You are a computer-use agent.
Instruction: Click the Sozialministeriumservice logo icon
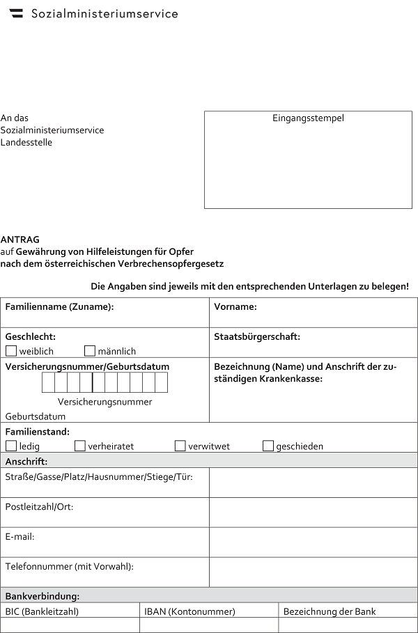point(16,13)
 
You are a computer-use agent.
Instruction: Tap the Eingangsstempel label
point(308,118)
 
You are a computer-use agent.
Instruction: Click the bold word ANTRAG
point(20,240)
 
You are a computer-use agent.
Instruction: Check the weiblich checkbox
point(11,351)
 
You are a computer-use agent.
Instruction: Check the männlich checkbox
point(90,351)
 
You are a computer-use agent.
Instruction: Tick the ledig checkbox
point(11,446)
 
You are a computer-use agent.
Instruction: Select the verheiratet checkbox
point(80,446)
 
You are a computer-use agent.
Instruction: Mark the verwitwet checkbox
point(180,446)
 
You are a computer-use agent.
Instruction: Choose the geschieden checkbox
point(268,446)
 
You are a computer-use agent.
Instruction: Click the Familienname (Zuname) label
point(59,307)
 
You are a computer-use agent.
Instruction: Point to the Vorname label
point(235,307)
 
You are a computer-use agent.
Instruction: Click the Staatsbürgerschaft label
point(257,337)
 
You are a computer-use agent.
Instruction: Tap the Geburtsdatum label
point(36,416)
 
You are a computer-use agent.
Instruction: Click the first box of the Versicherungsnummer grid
point(48,382)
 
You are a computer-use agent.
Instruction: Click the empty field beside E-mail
point(313,542)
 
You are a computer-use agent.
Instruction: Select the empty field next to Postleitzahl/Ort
point(313,512)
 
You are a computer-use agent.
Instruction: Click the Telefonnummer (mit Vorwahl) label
point(69,567)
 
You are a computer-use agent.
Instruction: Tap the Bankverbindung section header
point(42,596)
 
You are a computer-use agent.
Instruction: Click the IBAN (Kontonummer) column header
point(189,611)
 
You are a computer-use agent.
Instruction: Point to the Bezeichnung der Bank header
point(330,611)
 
